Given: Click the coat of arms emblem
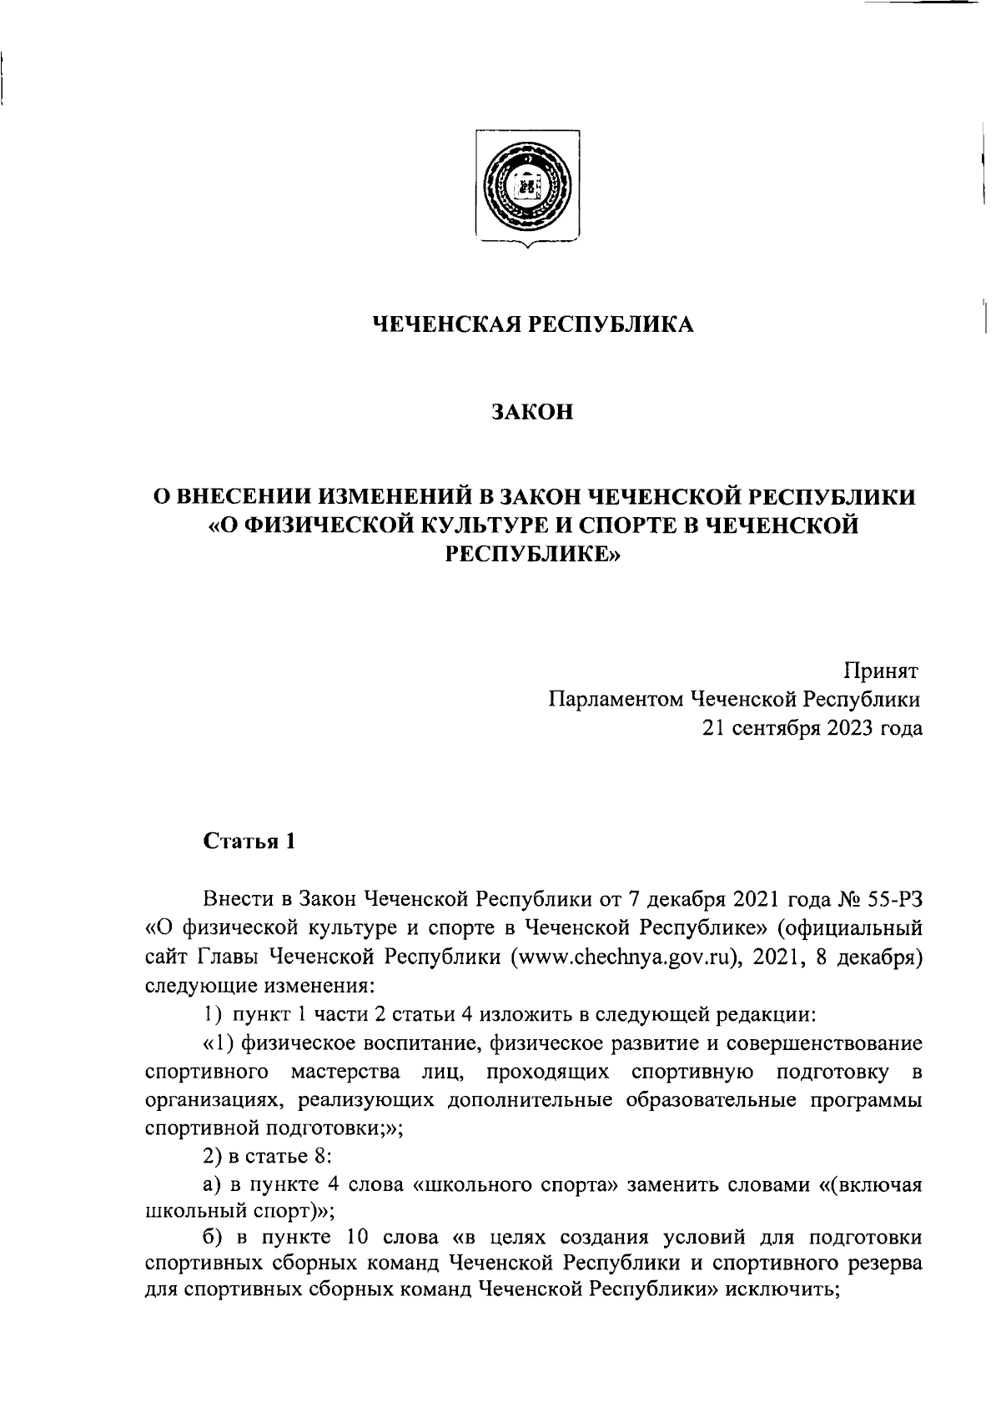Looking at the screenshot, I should (528, 186).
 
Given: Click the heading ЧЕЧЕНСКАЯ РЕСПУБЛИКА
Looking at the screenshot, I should (533, 324).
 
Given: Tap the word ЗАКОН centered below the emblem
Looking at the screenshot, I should (533, 412).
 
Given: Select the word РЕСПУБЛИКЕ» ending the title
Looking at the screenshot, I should (533, 553).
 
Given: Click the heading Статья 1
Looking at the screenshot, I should (249, 842).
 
